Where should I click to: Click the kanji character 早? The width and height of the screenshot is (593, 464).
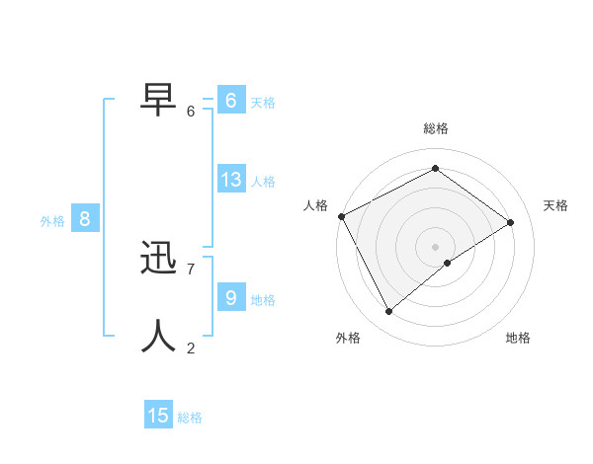pos(160,99)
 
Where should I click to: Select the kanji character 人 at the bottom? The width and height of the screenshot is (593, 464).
pos(160,336)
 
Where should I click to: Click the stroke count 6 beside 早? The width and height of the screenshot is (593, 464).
pos(191,112)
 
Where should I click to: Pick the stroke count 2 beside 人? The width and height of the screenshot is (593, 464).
pos(191,348)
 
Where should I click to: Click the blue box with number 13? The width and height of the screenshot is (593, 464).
pos(231,180)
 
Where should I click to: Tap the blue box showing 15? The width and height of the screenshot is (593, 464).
pos(158,416)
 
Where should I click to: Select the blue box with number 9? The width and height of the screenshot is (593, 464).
pos(231,298)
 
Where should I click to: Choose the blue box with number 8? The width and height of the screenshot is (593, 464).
pos(85,219)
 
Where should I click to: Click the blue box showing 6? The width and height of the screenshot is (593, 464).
pos(231,101)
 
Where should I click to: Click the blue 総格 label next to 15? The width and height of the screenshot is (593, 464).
pos(190,418)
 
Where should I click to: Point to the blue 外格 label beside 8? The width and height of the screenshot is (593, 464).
pos(52,221)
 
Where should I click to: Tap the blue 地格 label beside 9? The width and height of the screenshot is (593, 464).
pos(263,300)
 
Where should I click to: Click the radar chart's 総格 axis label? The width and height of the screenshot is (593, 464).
pos(436,128)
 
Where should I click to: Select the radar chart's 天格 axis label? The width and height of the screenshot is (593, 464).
pos(555,205)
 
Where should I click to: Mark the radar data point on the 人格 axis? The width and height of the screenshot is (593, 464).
pos(341,216)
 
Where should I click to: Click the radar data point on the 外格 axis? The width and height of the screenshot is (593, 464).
pos(389,312)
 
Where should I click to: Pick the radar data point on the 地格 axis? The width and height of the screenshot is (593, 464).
pos(448,263)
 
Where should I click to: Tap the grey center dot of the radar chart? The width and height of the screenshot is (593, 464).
pos(436,246)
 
